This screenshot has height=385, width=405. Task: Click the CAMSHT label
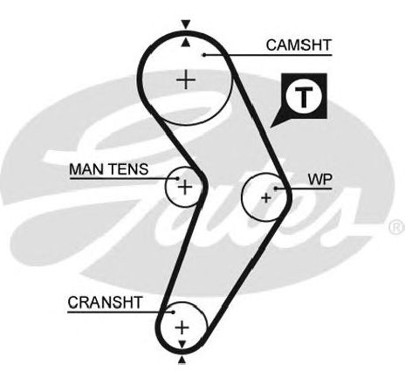coord(299,45)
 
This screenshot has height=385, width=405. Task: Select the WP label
coord(319,180)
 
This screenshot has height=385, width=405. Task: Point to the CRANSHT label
coord(105,302)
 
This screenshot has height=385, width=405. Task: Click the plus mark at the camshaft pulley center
coord(186,79)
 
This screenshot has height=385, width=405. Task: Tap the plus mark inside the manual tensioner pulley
coord(185,187)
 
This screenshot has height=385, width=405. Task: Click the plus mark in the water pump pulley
coord(266,198)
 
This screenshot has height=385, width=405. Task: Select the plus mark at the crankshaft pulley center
coord(182,327)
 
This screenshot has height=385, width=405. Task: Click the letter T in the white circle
coord(304,97)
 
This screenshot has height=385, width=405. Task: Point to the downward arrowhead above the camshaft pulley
coord(186,24)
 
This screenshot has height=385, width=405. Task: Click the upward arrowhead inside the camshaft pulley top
coord(186,43)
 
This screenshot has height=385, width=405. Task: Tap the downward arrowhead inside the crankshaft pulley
coord(182,344)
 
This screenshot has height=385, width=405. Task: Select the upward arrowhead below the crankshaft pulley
coord(182,361)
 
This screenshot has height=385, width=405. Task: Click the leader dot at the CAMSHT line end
coord(204,55)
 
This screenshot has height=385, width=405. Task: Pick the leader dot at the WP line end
coord(276,189)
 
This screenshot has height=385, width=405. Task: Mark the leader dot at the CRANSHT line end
coord(173,313)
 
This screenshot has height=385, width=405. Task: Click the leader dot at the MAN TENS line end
coord(177,178)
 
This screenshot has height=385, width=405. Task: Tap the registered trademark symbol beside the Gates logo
coord(397,227)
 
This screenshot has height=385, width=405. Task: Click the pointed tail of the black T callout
coord(271,127)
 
